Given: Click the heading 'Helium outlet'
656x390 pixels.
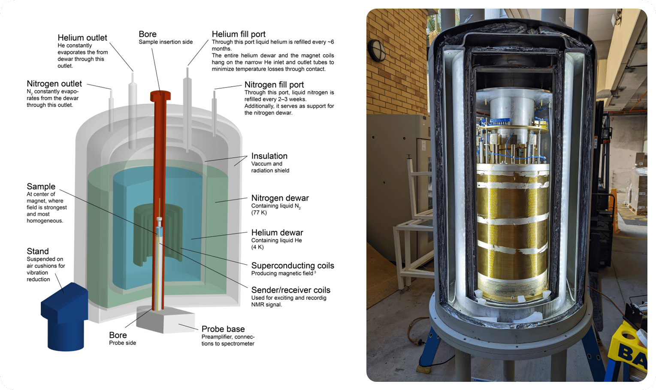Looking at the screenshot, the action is coord(82,38).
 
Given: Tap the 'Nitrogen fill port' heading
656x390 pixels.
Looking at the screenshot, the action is coord(274,85).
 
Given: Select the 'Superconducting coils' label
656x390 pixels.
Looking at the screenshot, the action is coord(293,266).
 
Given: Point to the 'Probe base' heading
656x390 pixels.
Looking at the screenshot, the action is coord(223,329).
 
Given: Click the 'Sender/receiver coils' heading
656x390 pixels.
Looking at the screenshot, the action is coord(291,290).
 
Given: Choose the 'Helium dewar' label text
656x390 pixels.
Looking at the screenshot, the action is coord(277,233).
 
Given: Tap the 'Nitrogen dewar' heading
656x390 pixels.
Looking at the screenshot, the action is coord(280,198).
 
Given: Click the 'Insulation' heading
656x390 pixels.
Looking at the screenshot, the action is coord(269,156).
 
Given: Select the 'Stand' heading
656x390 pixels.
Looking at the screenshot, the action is coord(38,251).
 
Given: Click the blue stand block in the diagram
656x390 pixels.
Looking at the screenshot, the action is coord(64,316).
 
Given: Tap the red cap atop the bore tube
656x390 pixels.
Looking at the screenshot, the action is coord(160,96).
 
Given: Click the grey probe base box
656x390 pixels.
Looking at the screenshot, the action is coord(166,320).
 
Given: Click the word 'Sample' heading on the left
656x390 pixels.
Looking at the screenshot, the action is coord(41,187).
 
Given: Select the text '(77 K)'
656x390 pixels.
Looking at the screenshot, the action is coord(259,212).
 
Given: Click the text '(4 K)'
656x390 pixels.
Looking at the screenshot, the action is coord(257,247).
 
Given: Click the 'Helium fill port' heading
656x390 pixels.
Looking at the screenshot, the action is coord(239,34).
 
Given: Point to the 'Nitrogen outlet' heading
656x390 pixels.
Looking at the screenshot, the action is coord(54,84).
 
